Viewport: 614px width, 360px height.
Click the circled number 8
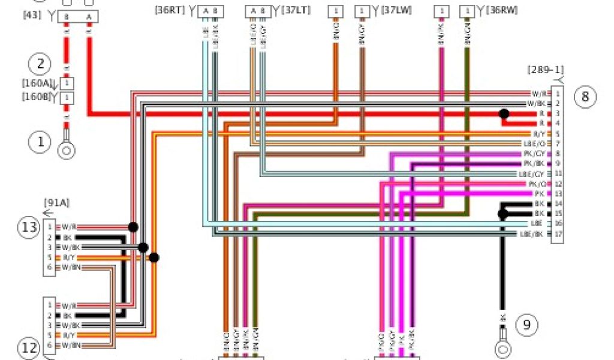[x=586, y=96]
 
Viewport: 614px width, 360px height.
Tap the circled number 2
[x=40, y=63]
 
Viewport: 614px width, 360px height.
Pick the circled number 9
[x=526, y=325]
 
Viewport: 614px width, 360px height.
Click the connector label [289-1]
[x=545, y=70]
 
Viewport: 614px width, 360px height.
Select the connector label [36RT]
[x=170, y=10]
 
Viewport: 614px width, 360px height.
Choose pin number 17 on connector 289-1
[x=558, y=233]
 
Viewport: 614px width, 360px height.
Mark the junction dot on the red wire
[x=504, y=113]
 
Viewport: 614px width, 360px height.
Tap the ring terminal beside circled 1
[x=67, y=150]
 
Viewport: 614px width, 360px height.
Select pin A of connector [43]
[x=89, y=17]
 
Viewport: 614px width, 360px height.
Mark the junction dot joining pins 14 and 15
[x=503, y=214]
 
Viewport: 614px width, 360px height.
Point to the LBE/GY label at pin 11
[x=533, y=173]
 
